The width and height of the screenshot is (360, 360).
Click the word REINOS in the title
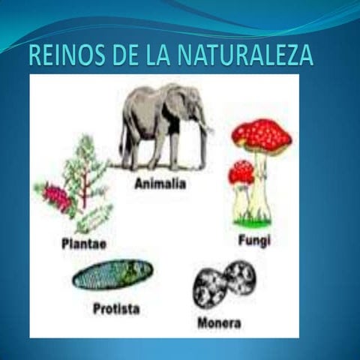[66, 55]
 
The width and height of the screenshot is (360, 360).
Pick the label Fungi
[253, 241]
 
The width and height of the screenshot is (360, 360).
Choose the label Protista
[116, 308]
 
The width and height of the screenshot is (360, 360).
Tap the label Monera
[218, 323]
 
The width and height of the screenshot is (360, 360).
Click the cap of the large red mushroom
[262, 135]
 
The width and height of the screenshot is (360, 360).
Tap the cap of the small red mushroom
[241, 172]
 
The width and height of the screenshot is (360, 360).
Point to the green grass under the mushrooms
[251, 222]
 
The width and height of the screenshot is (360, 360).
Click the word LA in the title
[159, 55]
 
